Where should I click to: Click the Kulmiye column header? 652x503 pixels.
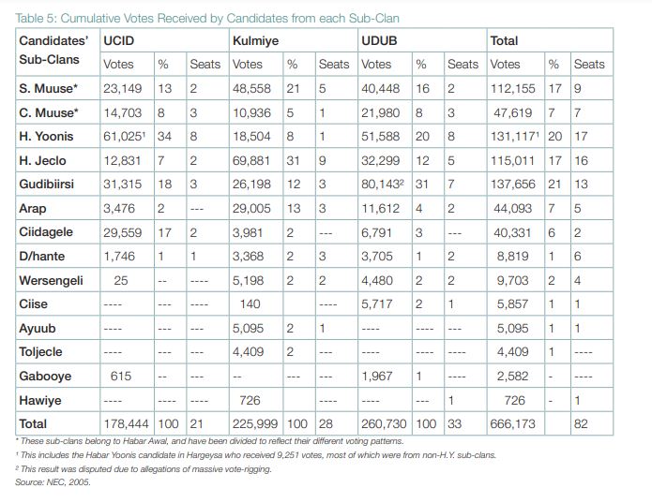254,41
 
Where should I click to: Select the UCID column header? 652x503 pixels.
119,41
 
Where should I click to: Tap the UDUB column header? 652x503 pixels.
381,41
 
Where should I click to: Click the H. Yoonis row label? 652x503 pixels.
44,138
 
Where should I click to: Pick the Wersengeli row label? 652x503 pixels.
51,279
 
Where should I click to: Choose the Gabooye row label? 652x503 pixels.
45,375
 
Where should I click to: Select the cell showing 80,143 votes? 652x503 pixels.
386,185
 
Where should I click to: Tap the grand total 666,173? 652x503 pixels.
512,422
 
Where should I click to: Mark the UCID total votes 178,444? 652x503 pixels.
127,422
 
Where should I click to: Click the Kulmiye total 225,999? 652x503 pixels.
255,422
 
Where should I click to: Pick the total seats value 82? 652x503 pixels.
583,422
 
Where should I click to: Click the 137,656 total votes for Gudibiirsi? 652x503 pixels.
512,185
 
